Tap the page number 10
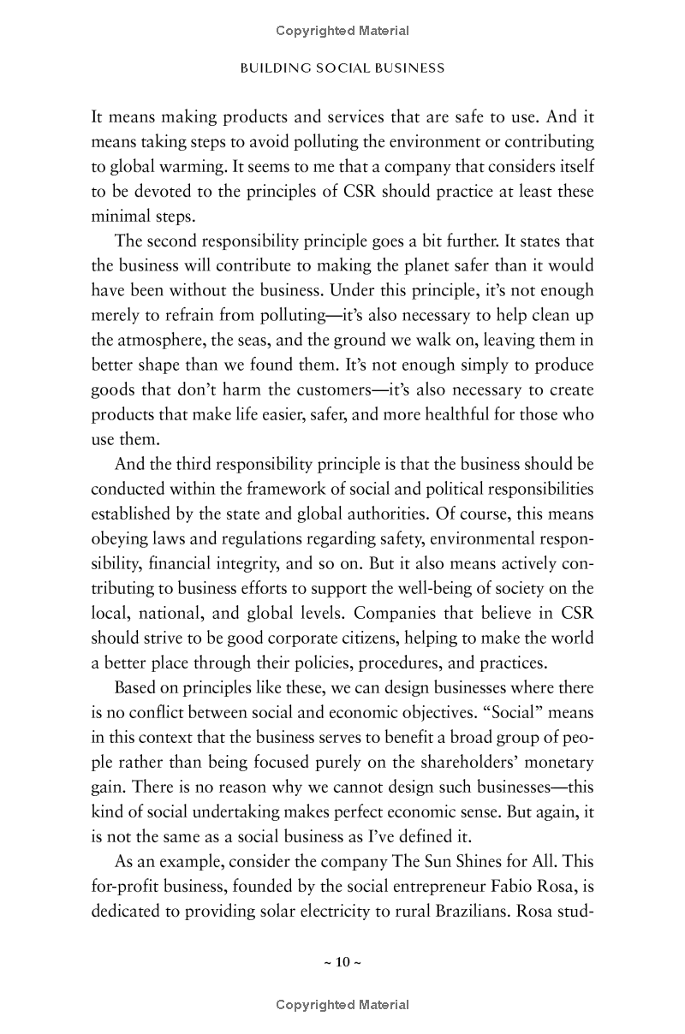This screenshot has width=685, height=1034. tap(342, 962)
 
